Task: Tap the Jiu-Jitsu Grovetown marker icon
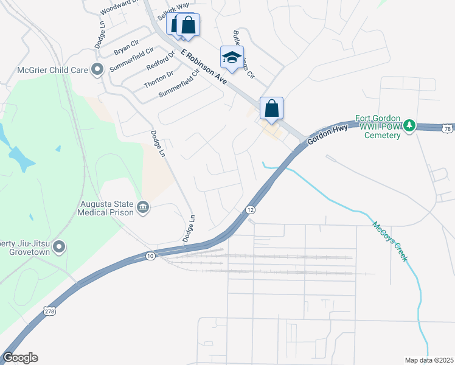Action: coord(59,246)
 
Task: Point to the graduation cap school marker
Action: coord(232,58)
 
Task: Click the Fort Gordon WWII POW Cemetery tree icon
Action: coord(411,125)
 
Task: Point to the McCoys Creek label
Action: coord(390,242)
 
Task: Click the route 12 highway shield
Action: coord(250,210)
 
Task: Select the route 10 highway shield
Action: coord(150,257)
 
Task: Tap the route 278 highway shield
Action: coord(49,311)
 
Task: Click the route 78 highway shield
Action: coord(447,129)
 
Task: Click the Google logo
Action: coord(20,358)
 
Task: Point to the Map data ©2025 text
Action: coord(428,360)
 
